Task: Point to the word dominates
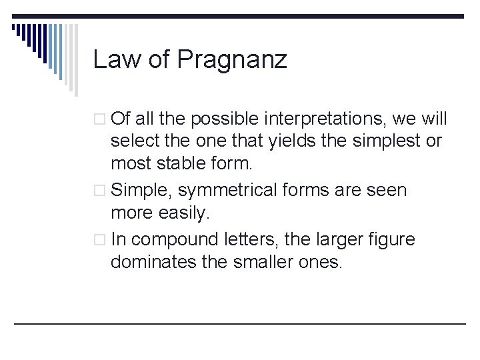153,262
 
